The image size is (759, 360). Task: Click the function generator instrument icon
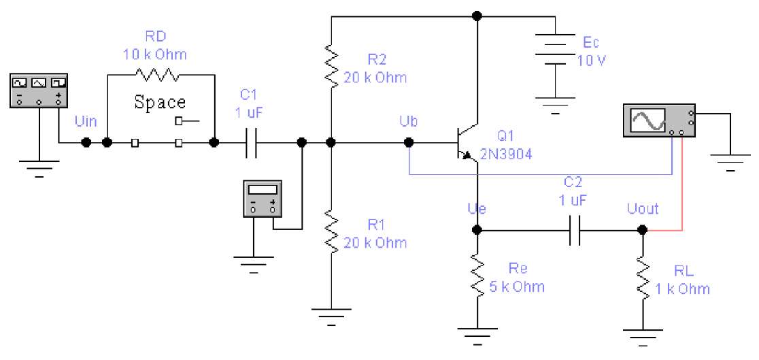tap(39, 91)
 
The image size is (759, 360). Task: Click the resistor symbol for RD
tap(157, 75)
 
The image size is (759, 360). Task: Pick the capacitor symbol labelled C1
tap(251, 142)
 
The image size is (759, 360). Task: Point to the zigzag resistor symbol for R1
tap(331, 231)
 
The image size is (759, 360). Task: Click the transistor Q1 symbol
tap(467, 144)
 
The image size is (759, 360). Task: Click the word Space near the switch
tap(160, 102)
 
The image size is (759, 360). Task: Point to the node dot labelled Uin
tap(86, 142)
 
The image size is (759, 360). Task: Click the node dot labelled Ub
tap(409, 142)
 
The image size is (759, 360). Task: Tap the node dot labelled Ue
tap(477, 230)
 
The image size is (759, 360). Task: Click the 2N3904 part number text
tap(506, 154)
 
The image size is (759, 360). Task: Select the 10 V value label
tap(592, 61)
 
